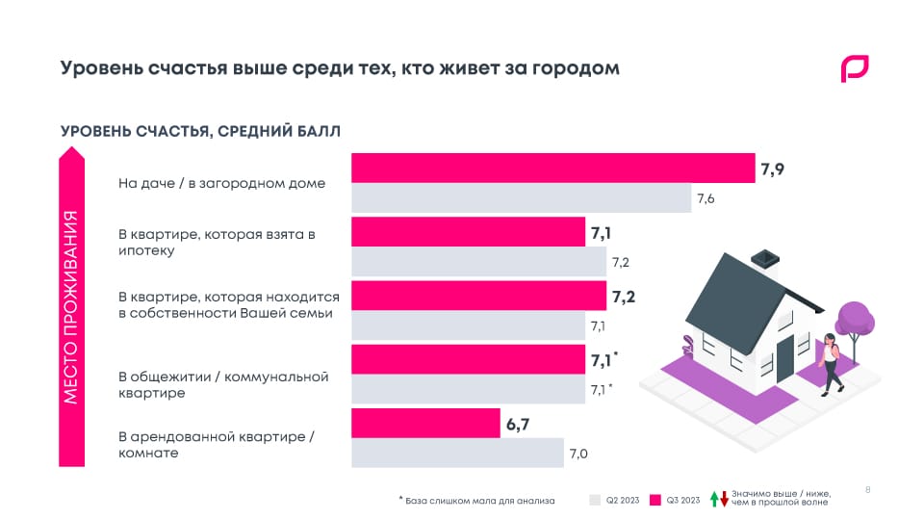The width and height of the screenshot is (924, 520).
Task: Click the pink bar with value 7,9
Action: coord(552,168)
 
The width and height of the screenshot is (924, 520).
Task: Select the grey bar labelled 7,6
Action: coord(520,198)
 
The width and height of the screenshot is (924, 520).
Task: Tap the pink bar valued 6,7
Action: coord(425,422)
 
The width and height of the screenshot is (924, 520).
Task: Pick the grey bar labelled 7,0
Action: coord(457,453)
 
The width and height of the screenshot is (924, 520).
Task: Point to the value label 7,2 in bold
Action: coord(623,296)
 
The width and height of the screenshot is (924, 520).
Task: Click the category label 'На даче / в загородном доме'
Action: coord(221,183)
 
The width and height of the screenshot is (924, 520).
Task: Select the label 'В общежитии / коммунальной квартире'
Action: coord(223,384)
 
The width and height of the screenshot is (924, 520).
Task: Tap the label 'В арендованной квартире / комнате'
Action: coord(217,444)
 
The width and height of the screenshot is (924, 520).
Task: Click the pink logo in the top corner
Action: coord(854,69)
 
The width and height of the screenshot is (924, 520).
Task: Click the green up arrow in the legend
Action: coord(714,499)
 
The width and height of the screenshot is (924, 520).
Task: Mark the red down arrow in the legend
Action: coord(725,499)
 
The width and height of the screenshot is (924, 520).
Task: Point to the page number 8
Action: coord(868,490)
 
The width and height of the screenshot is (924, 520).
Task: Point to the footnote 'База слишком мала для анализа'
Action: coord(477,500)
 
